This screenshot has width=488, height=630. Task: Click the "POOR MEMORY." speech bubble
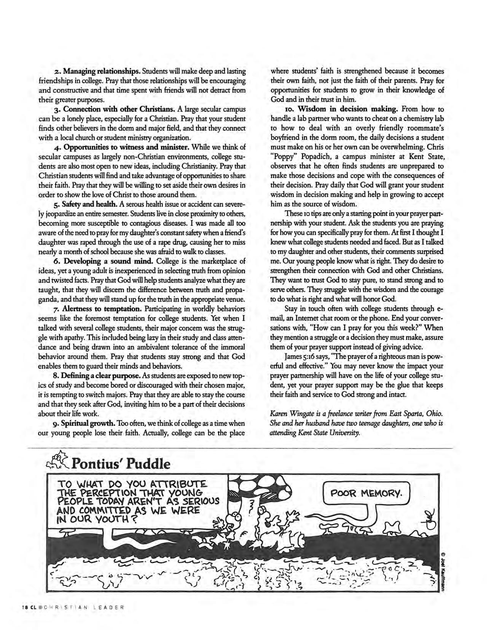(x=365, y=493)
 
